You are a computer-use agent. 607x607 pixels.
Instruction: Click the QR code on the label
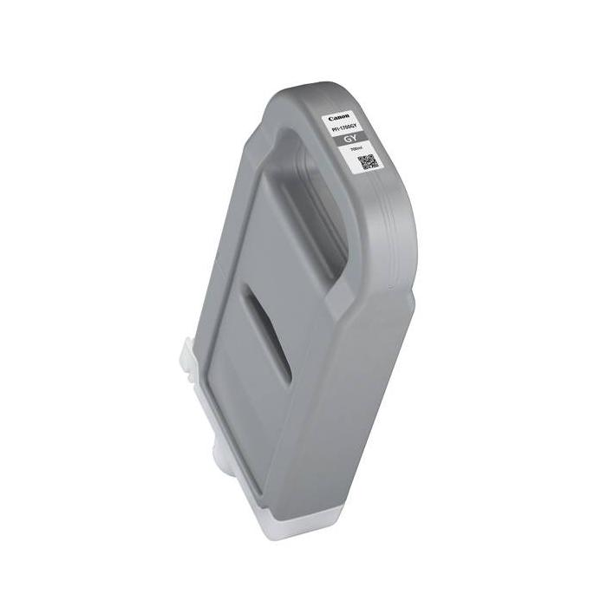(367, 163)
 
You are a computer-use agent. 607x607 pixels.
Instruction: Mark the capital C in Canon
(332, 115)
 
